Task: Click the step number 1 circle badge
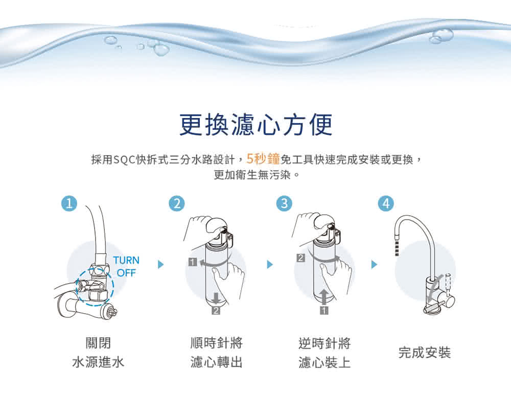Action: pos(69,203)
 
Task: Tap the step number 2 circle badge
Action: pos(177,203)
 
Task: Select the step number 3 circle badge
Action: pos(284,203)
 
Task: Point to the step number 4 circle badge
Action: pos(386,203)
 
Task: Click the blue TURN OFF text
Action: pos(126,266)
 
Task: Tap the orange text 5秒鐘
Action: pos(263,159)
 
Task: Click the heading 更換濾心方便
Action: pos(256,125)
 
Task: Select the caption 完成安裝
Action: pos(424,353)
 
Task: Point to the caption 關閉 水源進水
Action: pos(98,353)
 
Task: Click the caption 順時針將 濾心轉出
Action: pos(216,353)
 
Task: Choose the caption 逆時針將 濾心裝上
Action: pos(324,353)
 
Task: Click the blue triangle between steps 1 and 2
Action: pos(160,264)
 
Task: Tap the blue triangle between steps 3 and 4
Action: pos(374,264)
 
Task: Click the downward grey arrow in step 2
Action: pos(216,298)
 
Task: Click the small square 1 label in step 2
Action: pos(193,262)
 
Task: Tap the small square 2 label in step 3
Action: pos(301,259)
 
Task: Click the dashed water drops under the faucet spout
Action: pos(397,249)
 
